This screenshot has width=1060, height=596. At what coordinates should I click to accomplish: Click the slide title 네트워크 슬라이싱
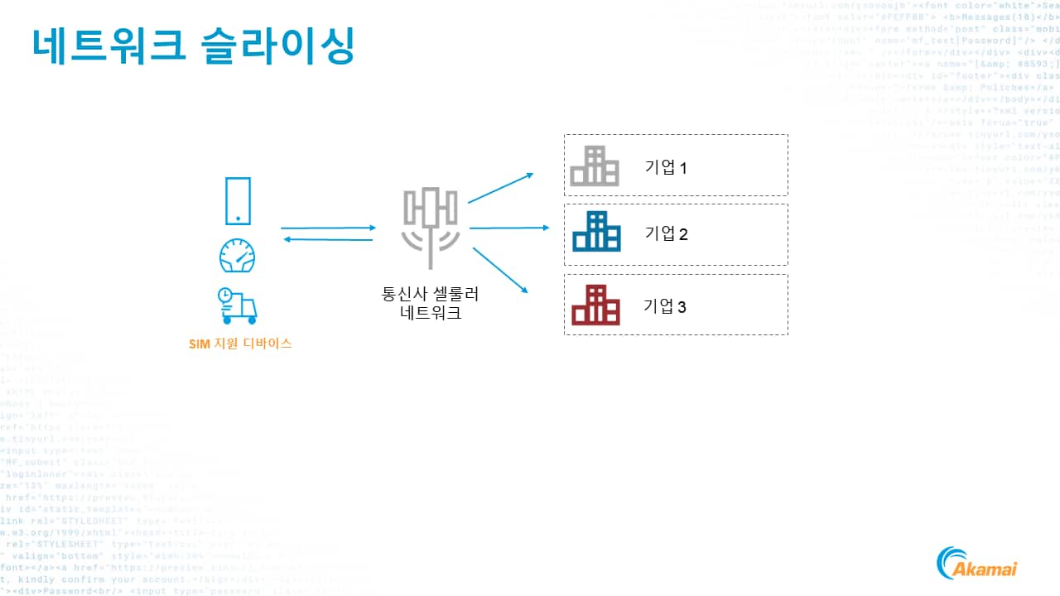[194, 45]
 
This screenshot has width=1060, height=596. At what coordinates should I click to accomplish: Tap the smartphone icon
[238, 201]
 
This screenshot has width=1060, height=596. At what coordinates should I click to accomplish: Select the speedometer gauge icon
[238, 256]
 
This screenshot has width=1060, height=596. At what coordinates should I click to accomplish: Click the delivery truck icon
[238, 305]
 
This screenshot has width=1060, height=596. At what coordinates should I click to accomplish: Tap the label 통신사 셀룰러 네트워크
[430, 304]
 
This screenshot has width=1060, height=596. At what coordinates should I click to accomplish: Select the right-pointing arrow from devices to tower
[328, 228]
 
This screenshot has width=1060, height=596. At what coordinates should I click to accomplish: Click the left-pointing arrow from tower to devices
[328, 239]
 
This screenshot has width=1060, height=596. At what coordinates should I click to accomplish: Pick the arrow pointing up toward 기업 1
[501, 188]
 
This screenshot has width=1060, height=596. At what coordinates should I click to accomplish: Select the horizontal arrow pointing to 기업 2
[509, 228]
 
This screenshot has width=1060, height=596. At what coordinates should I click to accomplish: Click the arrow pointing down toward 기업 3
[499, 267]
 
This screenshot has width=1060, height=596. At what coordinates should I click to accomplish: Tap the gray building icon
[595, 166]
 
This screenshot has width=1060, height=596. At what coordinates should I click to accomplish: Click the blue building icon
[596, 232]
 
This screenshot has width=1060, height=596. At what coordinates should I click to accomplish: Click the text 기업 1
[666, 168]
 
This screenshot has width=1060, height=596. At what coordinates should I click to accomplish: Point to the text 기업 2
[666, 233]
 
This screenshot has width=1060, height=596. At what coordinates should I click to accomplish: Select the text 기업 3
[665, 306]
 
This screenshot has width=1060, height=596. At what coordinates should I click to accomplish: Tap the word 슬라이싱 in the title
[278, 45]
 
